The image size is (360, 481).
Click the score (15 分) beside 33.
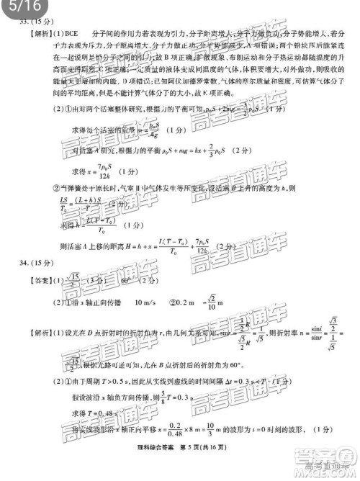coord(45,22)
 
